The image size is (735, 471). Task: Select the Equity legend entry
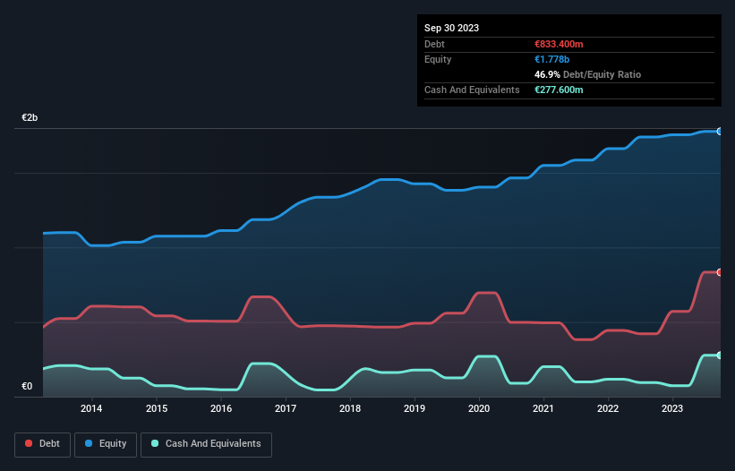(x=106, y=443)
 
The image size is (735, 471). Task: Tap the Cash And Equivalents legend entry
(x=206, y=443)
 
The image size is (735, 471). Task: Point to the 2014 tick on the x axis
(x=90, y=409)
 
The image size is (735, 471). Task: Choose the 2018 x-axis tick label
(x=350, y=409)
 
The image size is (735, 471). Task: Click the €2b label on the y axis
(x=30, y=118)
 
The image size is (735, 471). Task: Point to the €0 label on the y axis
(x=27, y=387)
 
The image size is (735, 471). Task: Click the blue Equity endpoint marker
(x=720, y=132)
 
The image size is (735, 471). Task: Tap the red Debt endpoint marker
(x=720, y=272)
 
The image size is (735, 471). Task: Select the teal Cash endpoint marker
(x=720, y=355)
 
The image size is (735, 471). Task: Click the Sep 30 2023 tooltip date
(x=451, y=28)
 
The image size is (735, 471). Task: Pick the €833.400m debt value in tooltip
(x=559, y=44)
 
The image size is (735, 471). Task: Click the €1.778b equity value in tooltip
(x=551, y=59)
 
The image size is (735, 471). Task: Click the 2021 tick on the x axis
(x=543, y=409)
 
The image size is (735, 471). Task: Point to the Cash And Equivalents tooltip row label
(x=472, y=90)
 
